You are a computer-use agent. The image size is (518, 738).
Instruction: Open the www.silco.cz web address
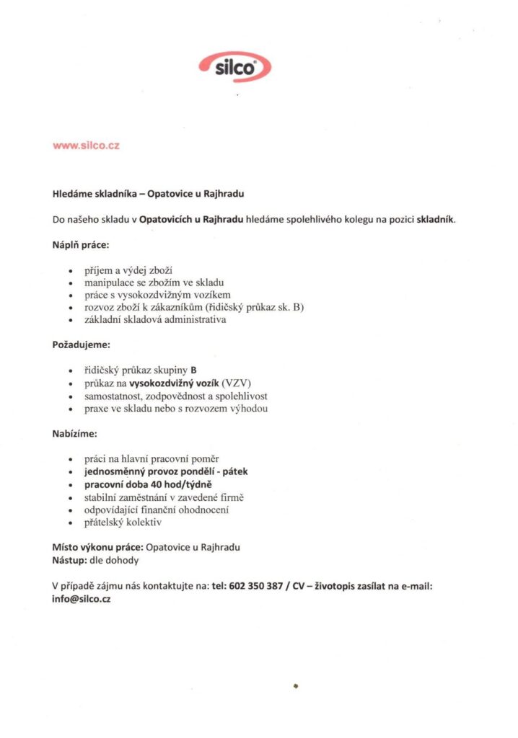(86, 146)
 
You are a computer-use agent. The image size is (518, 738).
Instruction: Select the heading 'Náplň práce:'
(80, 245)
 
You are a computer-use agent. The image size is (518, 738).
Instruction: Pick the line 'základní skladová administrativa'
(155, 320)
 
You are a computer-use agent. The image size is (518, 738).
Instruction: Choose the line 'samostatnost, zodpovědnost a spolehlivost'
(176, 396)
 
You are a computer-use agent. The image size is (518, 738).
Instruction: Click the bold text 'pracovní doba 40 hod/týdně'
(151, 484)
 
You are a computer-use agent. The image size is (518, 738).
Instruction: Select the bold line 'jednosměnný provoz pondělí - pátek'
(166, 471)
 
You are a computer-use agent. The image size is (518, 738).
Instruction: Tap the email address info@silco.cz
(81, 600)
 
